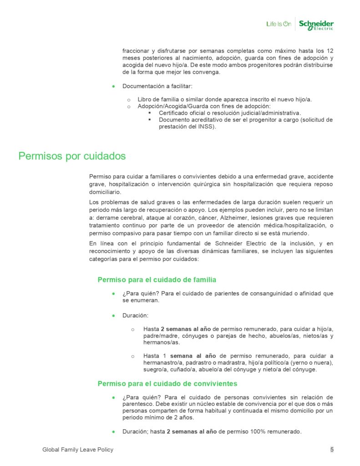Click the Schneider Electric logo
(316, 25)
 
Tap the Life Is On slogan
(279, 24)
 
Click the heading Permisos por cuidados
(72, 156)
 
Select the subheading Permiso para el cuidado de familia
(157, 279)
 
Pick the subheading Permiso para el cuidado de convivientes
(167, 384)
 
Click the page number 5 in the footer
(332, 450)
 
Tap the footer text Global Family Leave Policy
(78, 450)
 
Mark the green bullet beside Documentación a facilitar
(113, 86)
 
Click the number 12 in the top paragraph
(330, 51)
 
